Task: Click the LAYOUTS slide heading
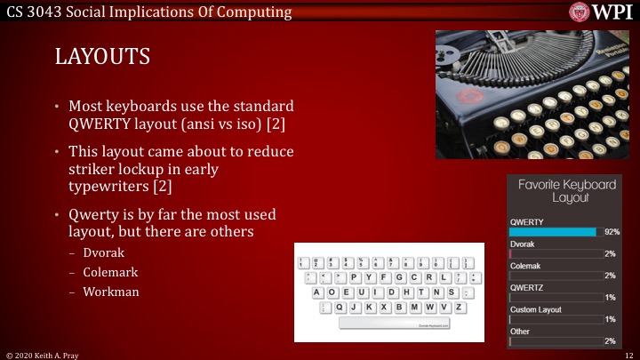102,56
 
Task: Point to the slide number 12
628,354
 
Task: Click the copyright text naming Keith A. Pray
46,354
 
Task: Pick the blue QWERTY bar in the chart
552,232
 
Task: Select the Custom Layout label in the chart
537,309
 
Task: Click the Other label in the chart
519,332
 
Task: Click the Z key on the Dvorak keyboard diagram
459,307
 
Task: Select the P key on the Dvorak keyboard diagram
355,276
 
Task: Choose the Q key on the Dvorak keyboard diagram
340,307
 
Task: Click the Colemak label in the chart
526,265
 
